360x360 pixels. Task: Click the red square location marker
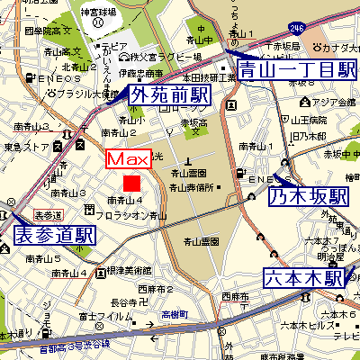(x=132, y=184)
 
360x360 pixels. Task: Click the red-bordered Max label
(x=128, y=159)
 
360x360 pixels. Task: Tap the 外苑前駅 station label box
(x=165, y=94)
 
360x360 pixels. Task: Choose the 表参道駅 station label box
(x=55, y=236)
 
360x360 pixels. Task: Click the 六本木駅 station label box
(x=303, y=278)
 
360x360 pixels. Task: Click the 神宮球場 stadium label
(x=99, y=13)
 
